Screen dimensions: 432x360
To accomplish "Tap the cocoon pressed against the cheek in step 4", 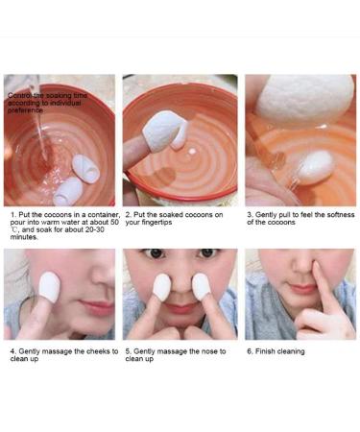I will (x=49, y=286).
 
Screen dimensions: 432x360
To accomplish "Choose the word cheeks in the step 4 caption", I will (x=92, y=351).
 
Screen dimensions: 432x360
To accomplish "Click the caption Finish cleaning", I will (x=279, y=351).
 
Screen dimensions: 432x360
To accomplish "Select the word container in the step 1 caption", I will (x=97, y=214).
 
